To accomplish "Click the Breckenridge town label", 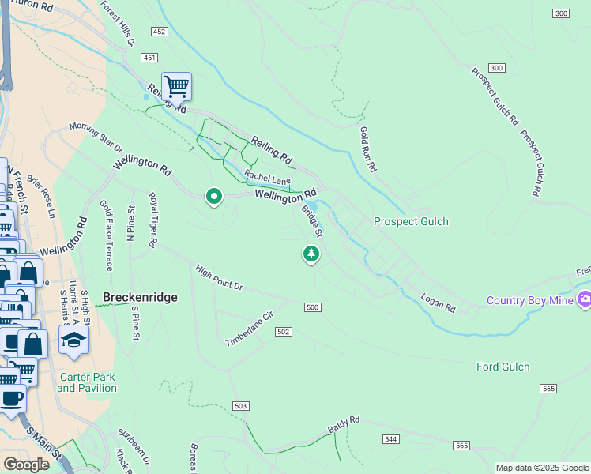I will tap(140, 298).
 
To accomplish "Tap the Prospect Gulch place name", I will tap(411, 222).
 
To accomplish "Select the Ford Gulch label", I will tap(503, 367).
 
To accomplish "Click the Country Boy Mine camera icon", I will tap(585, 299).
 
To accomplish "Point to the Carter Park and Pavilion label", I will tap(87, 383).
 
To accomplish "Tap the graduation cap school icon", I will tap(73, 340).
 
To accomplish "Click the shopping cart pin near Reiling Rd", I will tap(177, 86).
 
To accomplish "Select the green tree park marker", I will tap(312, 254).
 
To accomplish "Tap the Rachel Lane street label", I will tap(267, 179).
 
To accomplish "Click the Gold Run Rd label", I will tap(367, 150).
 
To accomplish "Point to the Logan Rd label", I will tap(439, 302).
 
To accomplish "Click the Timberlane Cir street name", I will tap(249, 329).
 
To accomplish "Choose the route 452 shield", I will tap(160, 32).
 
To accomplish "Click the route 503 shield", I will tap(242, 406).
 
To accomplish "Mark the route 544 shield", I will tap(390, 438).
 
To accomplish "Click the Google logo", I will tap(26, 465).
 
